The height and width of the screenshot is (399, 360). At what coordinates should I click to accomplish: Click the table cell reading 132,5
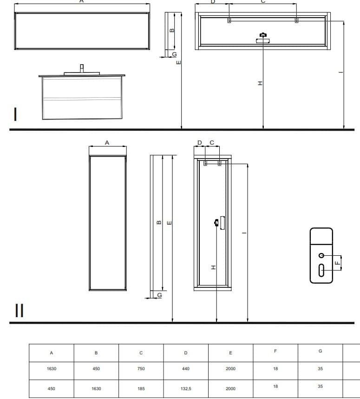click(186, 389)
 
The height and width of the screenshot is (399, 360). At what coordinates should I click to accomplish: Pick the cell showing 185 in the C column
click(141, 389)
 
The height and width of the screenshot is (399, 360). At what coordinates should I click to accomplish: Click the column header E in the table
click(230, 353)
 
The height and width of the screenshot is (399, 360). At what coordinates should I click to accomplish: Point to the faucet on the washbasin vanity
click(82, 68)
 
